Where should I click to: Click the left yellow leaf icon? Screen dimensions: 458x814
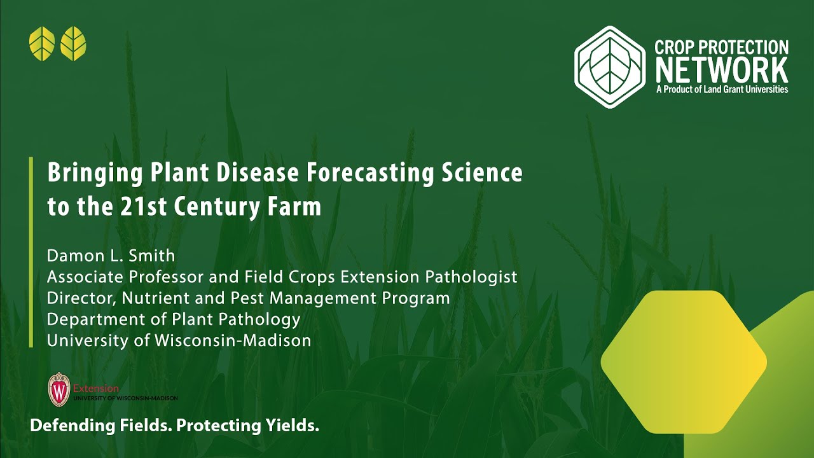tap(42, 44)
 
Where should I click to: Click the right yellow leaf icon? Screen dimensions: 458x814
tap(73, 44)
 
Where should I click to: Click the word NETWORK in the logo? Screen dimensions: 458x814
tap(722, 70)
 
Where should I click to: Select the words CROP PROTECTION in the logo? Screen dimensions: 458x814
tap(722, 47)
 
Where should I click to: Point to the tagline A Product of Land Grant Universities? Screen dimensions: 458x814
tap(722, 90)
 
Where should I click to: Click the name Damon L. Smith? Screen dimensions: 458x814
tap(111, 256)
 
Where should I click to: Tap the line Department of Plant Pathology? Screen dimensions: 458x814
tap(174, 319)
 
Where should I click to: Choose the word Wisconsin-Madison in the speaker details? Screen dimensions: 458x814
tap(233, 340)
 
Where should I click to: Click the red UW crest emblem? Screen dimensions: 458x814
tap(59, 390)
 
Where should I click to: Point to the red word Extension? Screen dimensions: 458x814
tap(96, 388)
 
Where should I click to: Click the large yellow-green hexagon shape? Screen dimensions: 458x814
tap(684, 361)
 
